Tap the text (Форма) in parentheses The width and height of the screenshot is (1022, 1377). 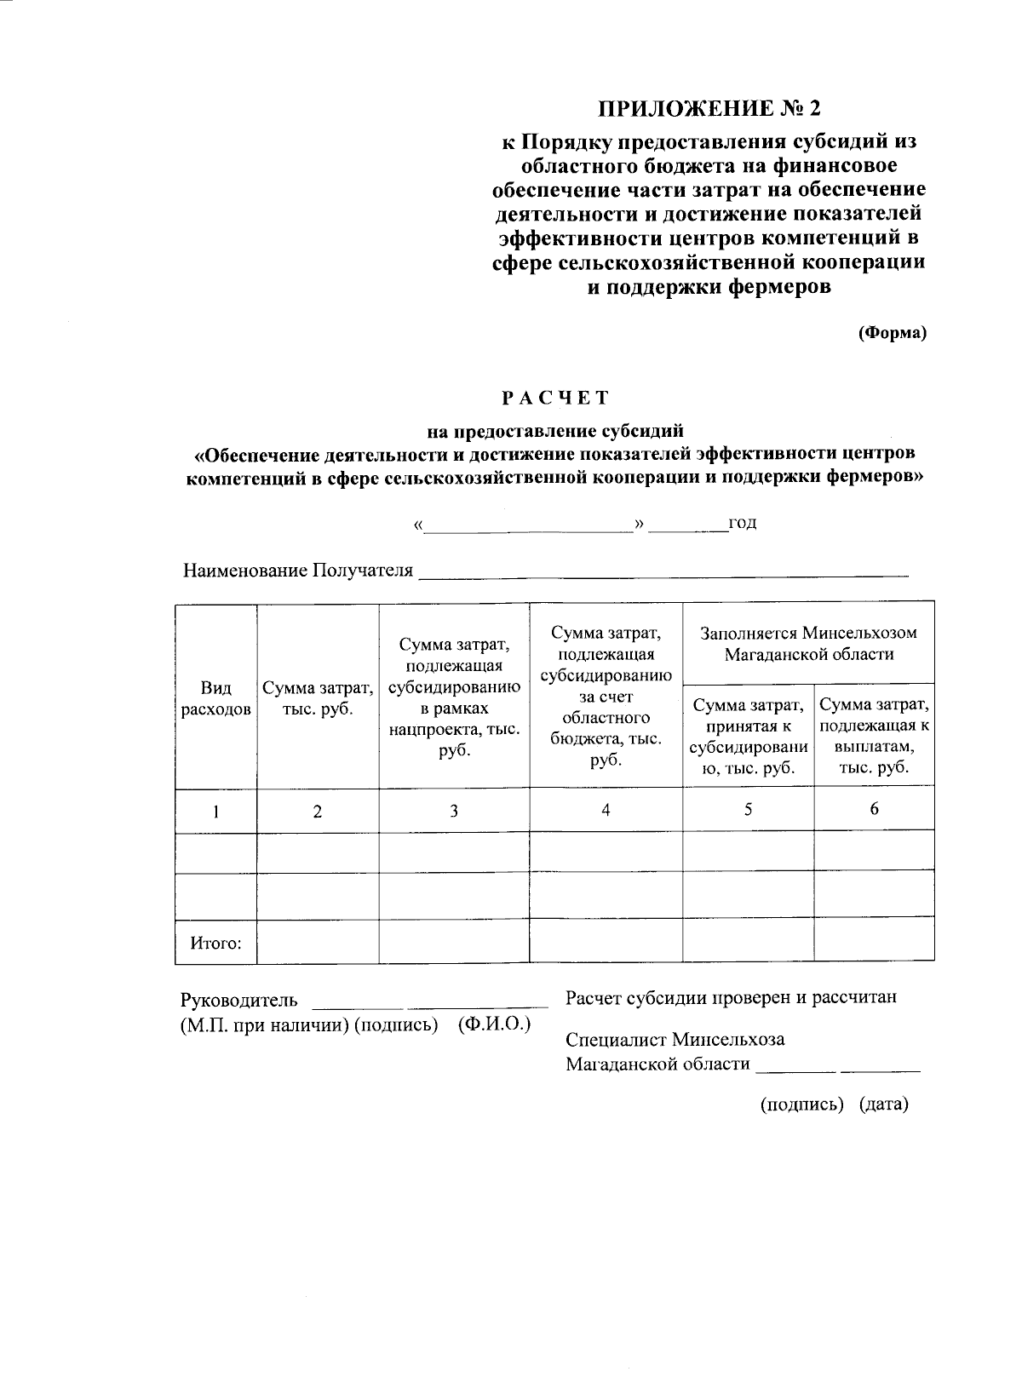[892, 333]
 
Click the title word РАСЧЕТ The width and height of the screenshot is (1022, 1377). [554, 398]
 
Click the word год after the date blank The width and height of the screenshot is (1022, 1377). [742, 522]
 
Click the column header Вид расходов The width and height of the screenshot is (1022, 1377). [216, 697]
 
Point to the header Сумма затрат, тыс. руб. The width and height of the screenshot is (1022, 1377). [318, 697]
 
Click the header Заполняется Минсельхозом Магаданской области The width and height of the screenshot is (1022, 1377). [808, 644]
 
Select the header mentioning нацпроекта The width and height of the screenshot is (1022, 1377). [454, 697]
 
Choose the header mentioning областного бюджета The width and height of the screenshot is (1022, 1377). [606, 697]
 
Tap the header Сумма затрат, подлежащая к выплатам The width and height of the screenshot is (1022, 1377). [874, 735]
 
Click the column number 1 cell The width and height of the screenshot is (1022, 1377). [216, 812]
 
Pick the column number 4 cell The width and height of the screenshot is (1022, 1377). [606, 810]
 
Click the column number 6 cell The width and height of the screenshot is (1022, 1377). [874, 809]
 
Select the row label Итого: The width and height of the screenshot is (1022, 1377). [216, 943]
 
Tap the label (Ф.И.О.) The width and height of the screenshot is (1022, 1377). [494, 1024]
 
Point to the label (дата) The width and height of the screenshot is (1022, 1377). [884, 1104]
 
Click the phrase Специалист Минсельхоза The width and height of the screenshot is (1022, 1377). [675, 1040]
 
